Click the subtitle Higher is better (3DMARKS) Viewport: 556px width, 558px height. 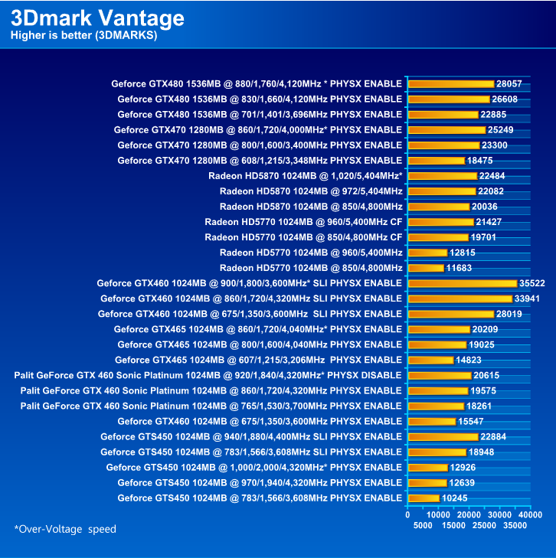click(83, 36)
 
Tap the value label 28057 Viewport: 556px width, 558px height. click(509, 83)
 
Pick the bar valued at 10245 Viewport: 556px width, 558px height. click(424, 498)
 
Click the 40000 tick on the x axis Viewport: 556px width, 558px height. click(530, 515)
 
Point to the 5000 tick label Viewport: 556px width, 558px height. click(423, 525)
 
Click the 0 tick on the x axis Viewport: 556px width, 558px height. click(408, 515)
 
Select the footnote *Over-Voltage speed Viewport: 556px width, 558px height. click(65, 529)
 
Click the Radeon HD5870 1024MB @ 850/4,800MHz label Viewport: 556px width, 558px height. click(310, 207)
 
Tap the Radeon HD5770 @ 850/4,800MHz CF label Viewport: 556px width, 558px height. click(303, 237)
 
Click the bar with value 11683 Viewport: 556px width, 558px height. click(426, 268)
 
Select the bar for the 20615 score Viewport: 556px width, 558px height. click(440, 375)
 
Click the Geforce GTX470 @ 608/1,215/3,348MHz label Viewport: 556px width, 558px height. click(260, 160)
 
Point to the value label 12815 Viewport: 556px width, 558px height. click(463, 253)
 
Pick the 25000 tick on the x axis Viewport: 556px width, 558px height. click(484, 525)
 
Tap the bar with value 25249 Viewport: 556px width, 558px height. click(446, 129)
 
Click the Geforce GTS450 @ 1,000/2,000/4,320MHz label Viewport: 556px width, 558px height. click(253, 468)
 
